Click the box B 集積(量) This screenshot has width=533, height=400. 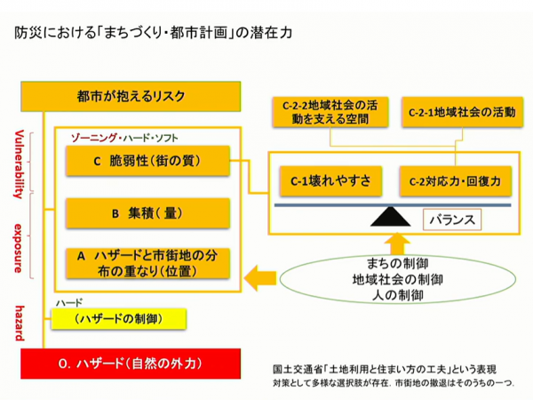coord(147,213)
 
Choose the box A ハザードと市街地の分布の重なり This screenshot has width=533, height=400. coord(147,262)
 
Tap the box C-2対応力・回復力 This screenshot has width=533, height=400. coord(455,180)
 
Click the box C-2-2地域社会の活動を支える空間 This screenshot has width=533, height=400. coord(329,111)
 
